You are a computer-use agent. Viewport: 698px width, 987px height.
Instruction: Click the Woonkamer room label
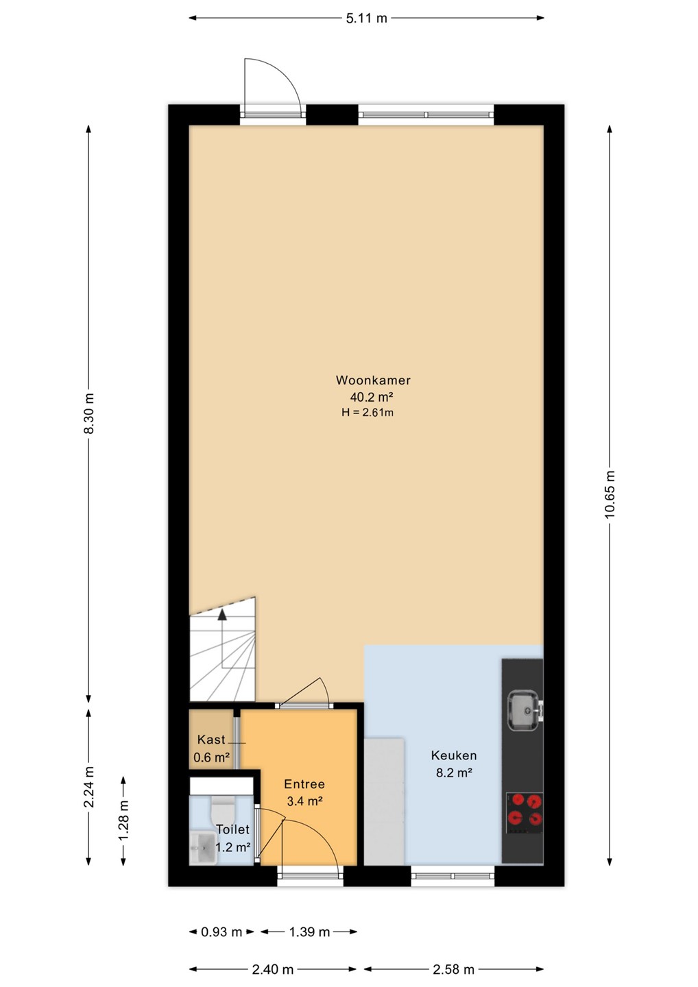(x=373, y=380)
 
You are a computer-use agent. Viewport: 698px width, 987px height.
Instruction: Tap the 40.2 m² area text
(x=372, y=397)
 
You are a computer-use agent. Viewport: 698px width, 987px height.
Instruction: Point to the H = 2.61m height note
(x=368, y=413)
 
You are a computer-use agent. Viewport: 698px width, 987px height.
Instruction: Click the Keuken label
(x=454, y=755)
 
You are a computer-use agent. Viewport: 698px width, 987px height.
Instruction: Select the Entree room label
(x=304, y=784)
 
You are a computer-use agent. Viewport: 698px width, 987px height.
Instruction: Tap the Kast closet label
(x=211, y=740)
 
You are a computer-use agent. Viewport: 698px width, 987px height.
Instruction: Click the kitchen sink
(x=525, y=711)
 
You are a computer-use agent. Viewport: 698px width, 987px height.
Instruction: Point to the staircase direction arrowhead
(x=222, y=615)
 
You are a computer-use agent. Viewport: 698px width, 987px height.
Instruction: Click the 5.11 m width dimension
(x=367, y=18)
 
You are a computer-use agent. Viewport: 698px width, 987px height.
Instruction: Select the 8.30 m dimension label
(x=89, y=413)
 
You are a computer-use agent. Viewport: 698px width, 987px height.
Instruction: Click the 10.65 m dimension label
(x=610, y=494)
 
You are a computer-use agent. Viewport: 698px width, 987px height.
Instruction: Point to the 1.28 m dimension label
(x=124, y=820)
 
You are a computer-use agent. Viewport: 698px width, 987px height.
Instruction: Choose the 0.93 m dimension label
(x=221, y=932)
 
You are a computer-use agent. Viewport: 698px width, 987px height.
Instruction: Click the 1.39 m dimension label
(x=309, y=932)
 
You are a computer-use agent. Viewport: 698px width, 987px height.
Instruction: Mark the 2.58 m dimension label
(x=453, y=969)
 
